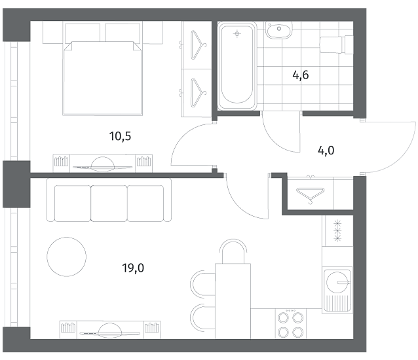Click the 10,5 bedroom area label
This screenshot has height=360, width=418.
[x=121, y=136]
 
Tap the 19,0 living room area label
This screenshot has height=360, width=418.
[x=133, y=268]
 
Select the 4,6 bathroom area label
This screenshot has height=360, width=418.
[x=301, y=75]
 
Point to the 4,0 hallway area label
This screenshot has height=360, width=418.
[x=326, y=151]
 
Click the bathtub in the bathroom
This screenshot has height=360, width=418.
[x=237, y=65]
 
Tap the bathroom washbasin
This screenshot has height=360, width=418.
[x=279, y=30]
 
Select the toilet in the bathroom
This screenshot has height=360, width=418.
[x=336, y=45]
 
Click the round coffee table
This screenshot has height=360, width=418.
[x=66, y=257]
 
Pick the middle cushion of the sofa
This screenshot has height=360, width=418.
[x=109, y=204]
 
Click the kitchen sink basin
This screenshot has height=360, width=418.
[x=338, y=282]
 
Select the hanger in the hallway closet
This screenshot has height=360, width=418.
[x=311, y=194]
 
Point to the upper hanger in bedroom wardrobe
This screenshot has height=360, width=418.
[x=198, y=45]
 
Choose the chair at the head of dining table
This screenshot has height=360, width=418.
[x=233, y=251]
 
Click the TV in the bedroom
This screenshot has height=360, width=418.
[x=103, y=164]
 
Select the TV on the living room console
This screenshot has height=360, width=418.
[x=110, y=331]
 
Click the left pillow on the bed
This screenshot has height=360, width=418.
[x=83, y=32]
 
